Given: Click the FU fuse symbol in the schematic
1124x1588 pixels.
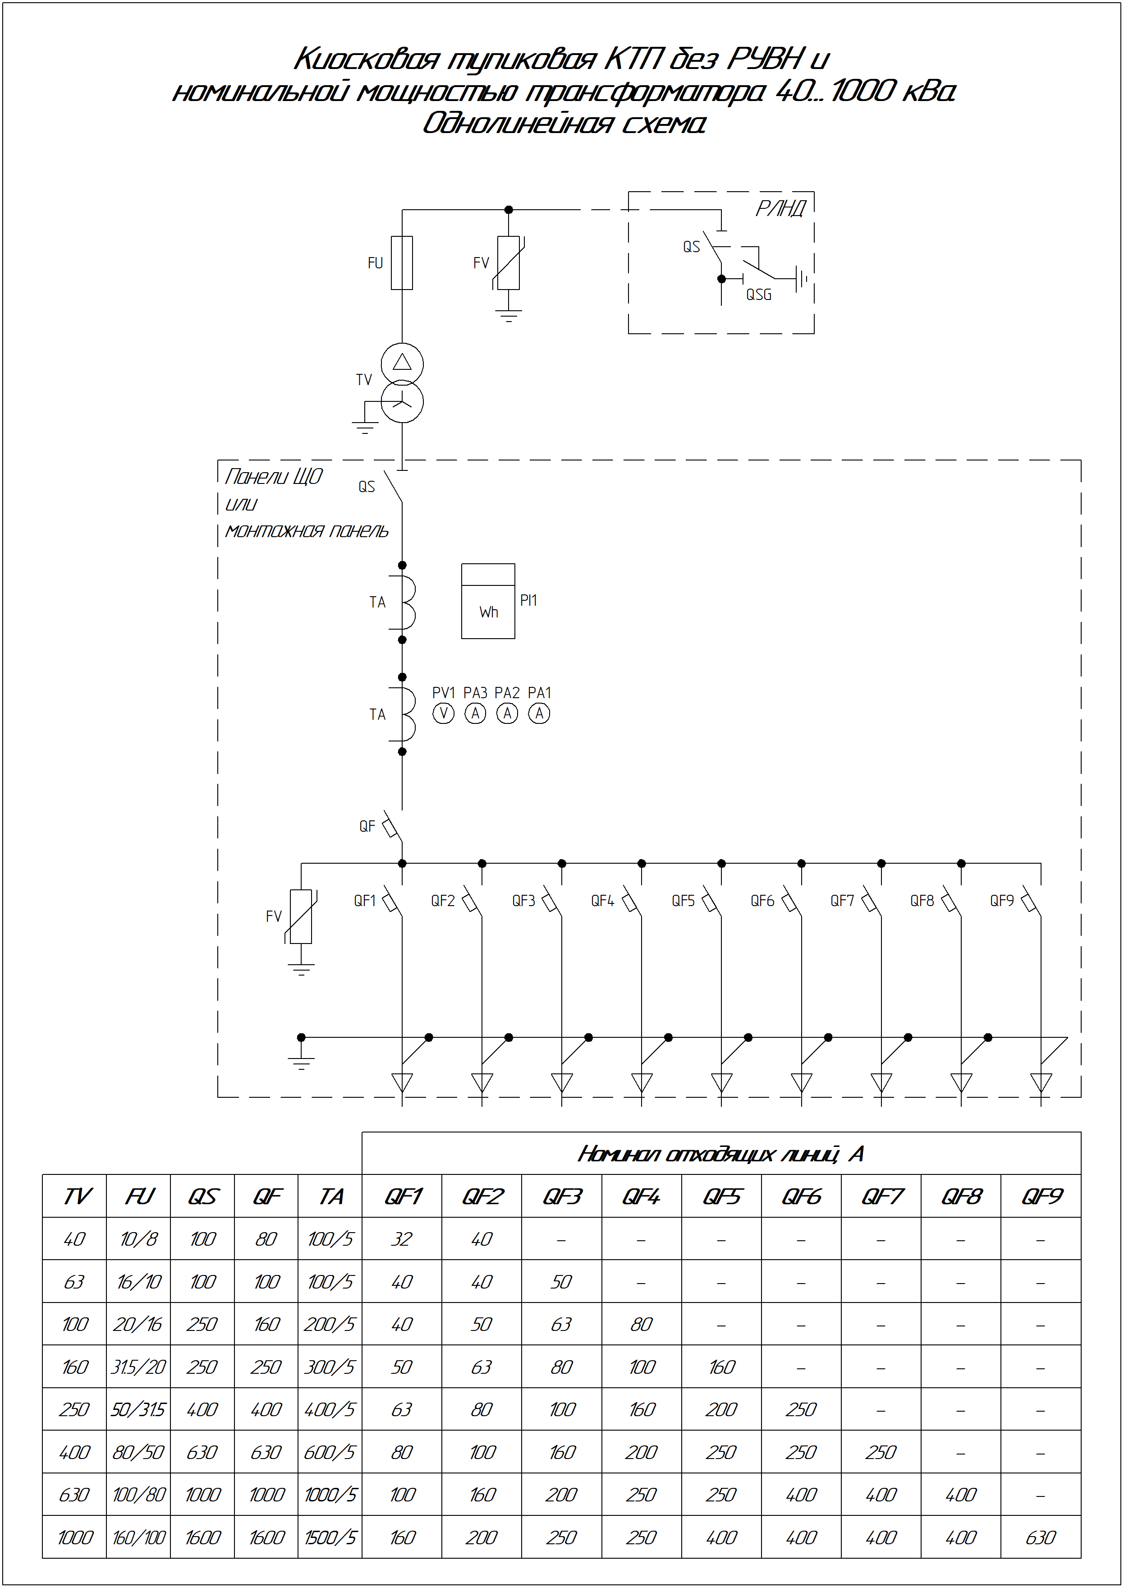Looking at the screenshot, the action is pyautogui.click(x=402, y=262).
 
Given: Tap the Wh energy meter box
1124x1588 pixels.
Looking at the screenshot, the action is pyautogui.click(x=488, y=601).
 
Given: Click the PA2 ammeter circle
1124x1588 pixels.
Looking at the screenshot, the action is pyautogui.click(x=507, y=713).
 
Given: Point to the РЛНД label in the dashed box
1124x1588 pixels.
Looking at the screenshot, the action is pyautogui.click(x=781, y=208).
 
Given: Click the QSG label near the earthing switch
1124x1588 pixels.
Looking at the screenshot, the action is pyautogui.click(x=758, y=295).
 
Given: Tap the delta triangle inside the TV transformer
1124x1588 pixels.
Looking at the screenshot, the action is pyautogui.click(x=402, y=362).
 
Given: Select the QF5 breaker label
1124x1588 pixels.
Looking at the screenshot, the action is pyautogui.click(x=683, y=901).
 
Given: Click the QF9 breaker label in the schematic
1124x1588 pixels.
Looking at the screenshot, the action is pyautogui.click(x=1001, y=901).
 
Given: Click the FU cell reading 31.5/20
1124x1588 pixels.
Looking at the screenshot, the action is pyautogui.click(x=138, y=1367).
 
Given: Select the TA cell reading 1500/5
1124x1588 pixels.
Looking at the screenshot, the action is pyautogui.click(x=330, y=1537).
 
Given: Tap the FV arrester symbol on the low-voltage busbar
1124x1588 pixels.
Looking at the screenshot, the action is pyautogui.click(x=301, y=916).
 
